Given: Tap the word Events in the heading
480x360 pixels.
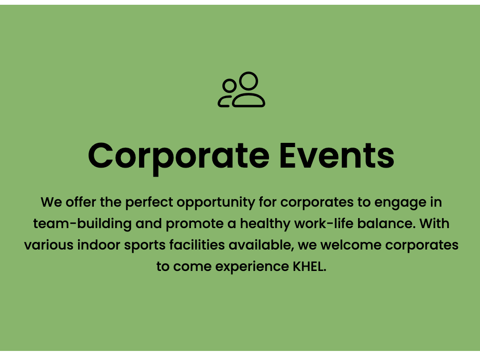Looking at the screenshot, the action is [337, 156].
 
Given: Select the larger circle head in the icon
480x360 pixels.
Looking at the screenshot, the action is [248, 81].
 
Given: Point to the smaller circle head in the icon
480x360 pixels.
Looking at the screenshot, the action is [230, 86].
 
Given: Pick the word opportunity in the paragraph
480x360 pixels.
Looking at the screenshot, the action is [216, 203].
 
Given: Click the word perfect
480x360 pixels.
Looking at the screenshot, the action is [150, 203].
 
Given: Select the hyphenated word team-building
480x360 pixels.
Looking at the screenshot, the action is [82, 224].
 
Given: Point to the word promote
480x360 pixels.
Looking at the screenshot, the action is [195, 224].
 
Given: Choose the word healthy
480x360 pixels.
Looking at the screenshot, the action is [265, 224].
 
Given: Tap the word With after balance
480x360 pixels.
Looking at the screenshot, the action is [434, 223].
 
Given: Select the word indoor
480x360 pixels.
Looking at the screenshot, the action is [99, 245].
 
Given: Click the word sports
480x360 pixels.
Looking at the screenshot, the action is [145, 246].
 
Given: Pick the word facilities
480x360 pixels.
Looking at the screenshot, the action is [197, 245].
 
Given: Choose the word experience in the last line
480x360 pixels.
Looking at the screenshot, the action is [252, 267].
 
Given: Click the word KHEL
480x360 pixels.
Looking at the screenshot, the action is [310, 266].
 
